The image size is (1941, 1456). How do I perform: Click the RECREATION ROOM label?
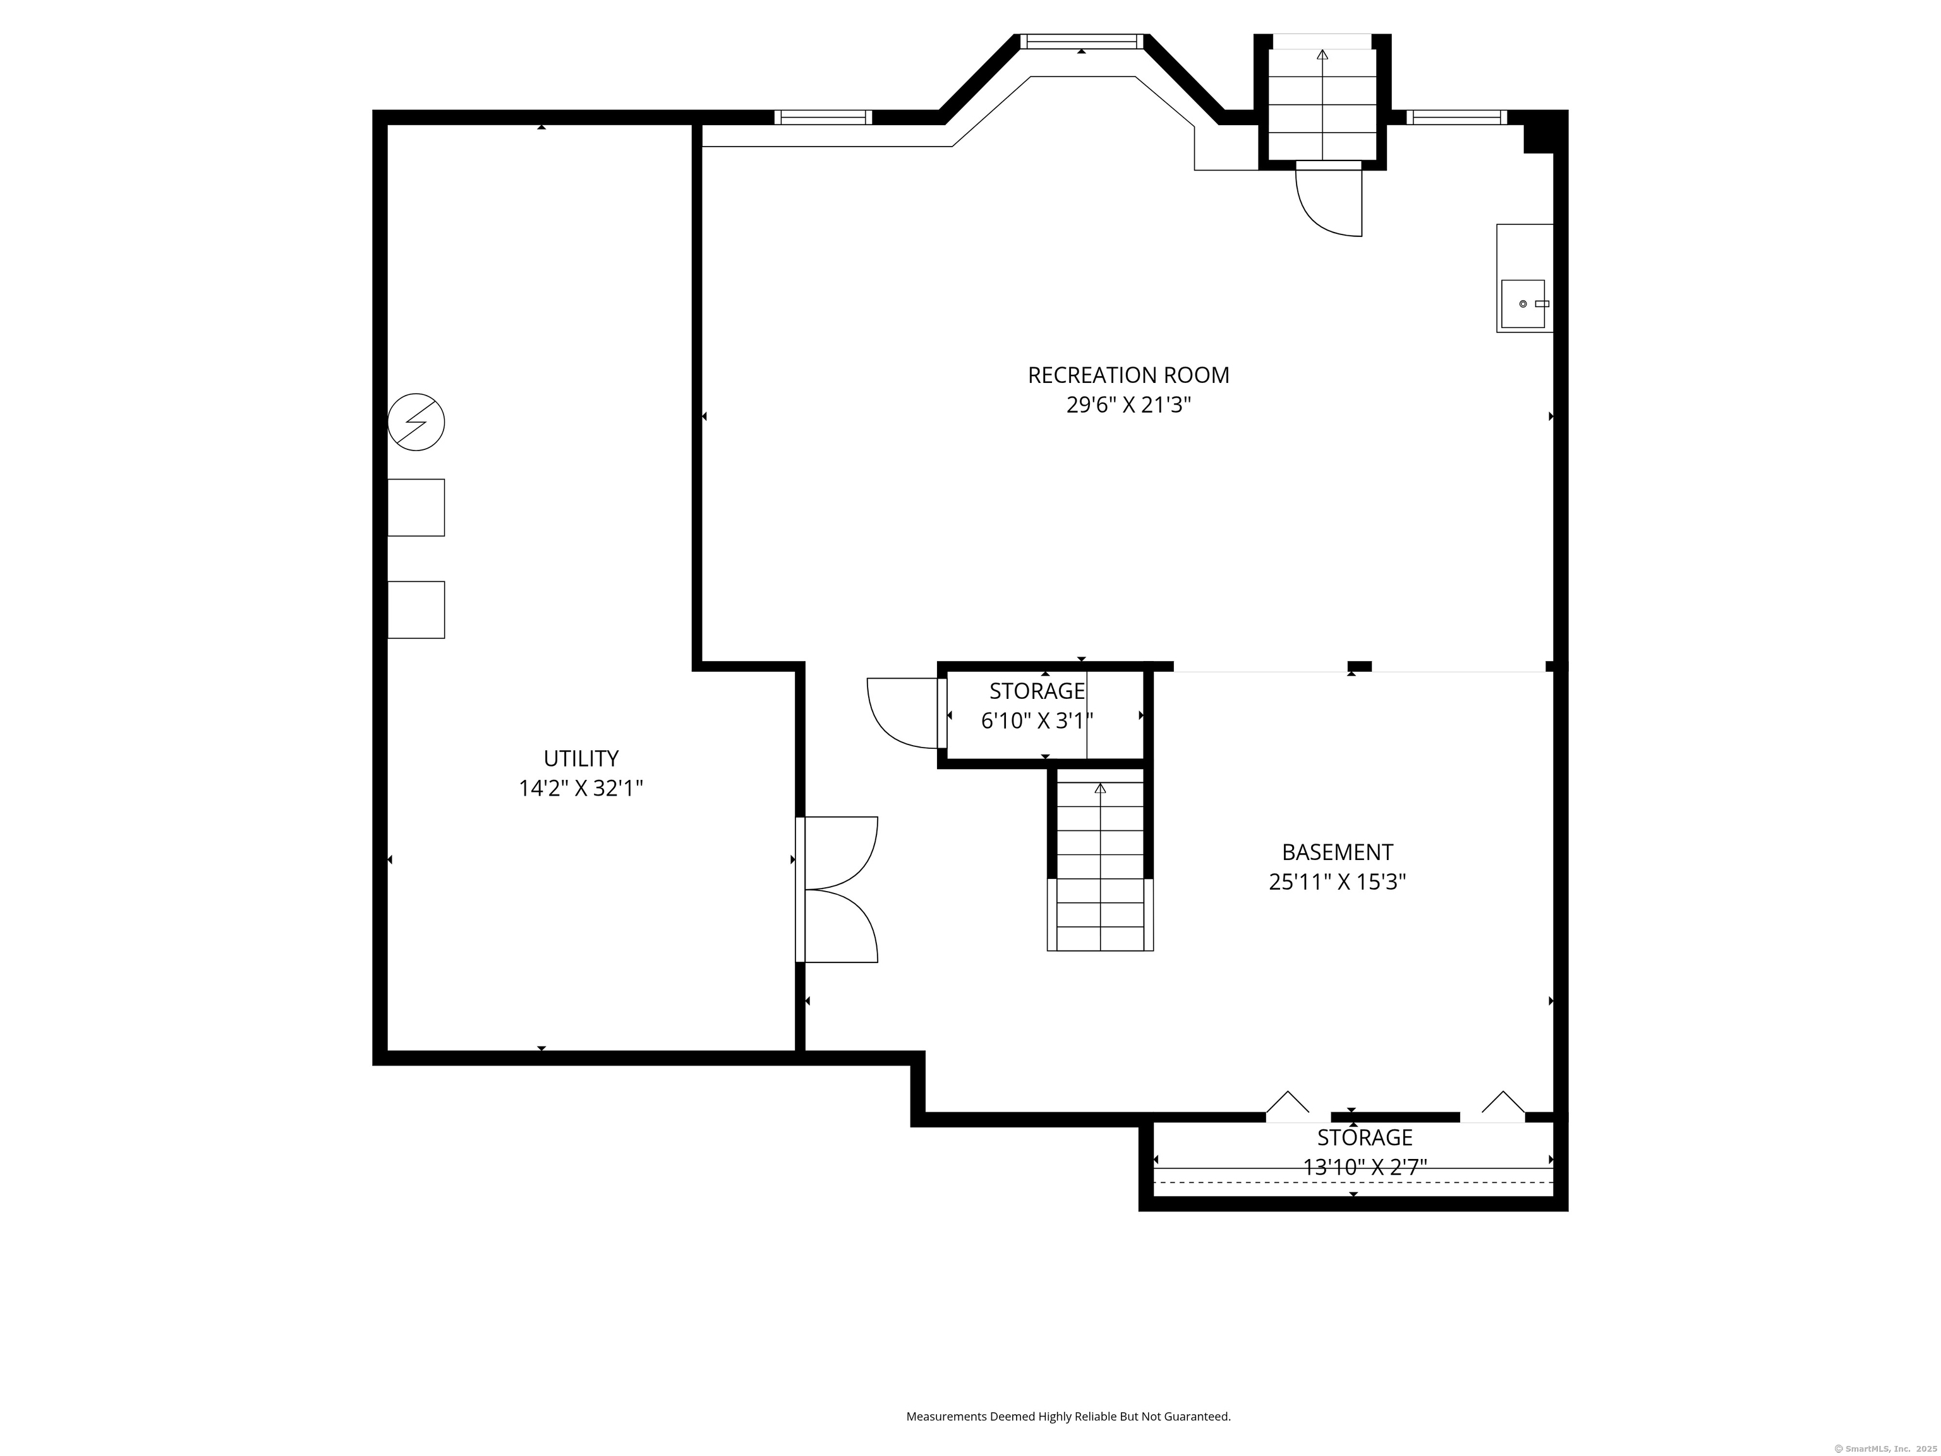[1128, 375]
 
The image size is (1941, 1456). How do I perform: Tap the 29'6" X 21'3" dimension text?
[1128, 406]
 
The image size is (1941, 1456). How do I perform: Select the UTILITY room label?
[581, 758]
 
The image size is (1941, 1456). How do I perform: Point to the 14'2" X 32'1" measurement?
[581, 788]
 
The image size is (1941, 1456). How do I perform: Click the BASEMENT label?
[1338, 852]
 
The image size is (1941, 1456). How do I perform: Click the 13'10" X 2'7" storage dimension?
[1365, 1167]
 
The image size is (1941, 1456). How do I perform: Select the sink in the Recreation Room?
[1523, 304]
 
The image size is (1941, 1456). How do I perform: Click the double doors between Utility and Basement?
[837, 890]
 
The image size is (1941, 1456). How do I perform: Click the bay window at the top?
[1082, 40]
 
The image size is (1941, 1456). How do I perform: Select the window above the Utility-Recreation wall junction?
[823, 117]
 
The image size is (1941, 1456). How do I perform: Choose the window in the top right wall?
[1456, 117]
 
